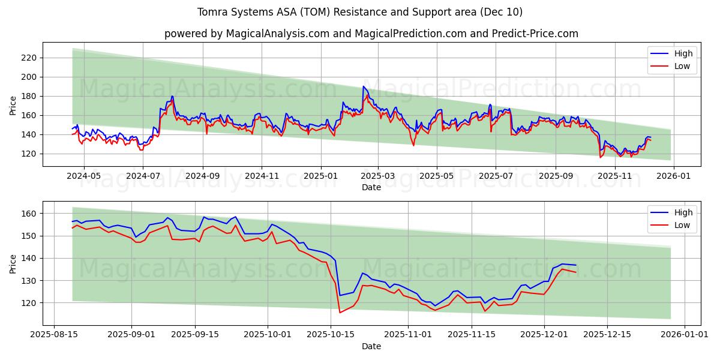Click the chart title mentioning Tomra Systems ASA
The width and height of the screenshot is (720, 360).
click(359, 12)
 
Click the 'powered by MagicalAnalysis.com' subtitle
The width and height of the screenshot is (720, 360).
click(371, 34)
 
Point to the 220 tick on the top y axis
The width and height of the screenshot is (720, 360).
click(29, 58)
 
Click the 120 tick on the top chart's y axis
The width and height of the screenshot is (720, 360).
click(29, 154)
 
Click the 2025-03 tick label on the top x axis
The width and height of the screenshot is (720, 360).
click(378, 176)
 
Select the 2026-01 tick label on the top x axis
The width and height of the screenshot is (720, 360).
click(674, 176)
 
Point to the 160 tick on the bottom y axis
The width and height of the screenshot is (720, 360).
click(29, 214)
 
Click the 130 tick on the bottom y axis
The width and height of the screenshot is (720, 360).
click(29, 281)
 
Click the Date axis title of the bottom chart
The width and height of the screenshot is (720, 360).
click(371, 346)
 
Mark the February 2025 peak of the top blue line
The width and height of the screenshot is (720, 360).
click(364, 86)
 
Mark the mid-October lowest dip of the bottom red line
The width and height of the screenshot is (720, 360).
click(340, 312)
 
